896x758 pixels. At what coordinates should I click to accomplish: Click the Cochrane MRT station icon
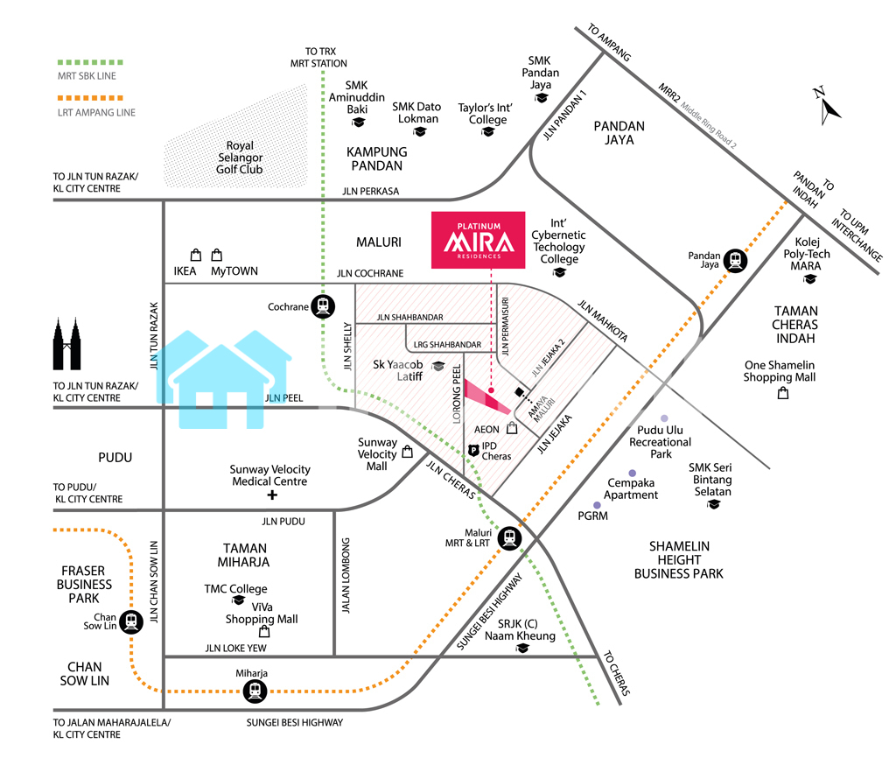[324, 307]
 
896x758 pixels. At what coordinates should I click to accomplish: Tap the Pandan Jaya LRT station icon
[736, 260]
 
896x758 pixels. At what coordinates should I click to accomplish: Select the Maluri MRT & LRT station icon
[508, 539]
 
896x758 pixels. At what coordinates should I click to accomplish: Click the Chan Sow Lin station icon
[131, 621]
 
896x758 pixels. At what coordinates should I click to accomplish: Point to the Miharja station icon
[255, 691]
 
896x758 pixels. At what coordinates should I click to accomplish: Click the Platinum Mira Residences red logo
[479, 239]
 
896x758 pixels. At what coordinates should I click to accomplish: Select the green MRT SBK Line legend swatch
[87, 62]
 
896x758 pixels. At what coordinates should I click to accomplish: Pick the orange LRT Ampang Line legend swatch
[87, 98]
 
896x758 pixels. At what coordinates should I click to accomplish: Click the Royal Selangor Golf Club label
[240, 158]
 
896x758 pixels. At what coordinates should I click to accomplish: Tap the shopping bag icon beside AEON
[512, 429]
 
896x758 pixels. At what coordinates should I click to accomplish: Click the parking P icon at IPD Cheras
[473, 450]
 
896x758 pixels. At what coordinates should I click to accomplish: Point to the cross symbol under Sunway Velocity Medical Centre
[271, 495]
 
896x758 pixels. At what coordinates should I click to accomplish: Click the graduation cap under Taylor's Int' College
[487, 133]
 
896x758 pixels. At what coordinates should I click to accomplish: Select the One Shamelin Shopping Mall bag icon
[783, 394]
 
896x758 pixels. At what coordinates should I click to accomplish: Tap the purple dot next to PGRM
[598, 505]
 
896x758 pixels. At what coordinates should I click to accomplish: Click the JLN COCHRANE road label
[370, 273]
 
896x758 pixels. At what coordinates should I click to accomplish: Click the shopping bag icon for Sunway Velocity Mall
[407, 453]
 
